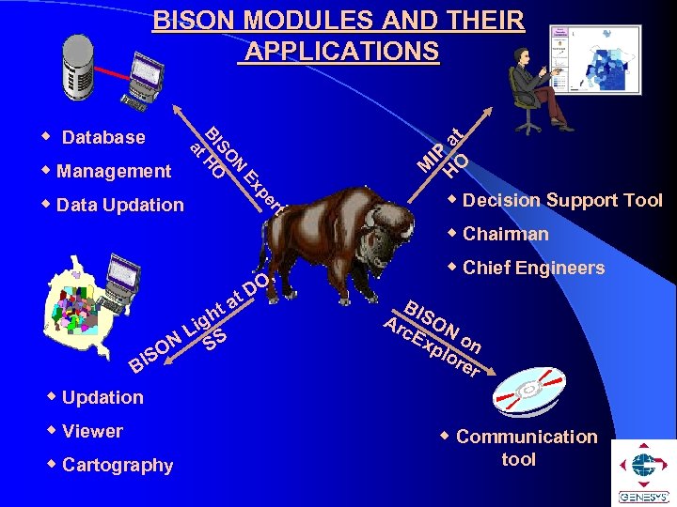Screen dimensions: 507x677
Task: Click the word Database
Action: coord(103,137)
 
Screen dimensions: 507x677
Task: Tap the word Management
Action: coord(114,171)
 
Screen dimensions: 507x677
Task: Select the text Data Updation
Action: coord(120,205)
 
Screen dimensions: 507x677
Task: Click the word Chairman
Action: coord(505,234)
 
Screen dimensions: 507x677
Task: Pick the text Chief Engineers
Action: coord(533,268)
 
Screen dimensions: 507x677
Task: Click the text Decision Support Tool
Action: coord(562,200)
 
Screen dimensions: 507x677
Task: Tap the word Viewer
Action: coord(92,431)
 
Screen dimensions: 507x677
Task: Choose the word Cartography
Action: coord(118,465)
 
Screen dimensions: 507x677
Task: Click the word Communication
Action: coord(526,437)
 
